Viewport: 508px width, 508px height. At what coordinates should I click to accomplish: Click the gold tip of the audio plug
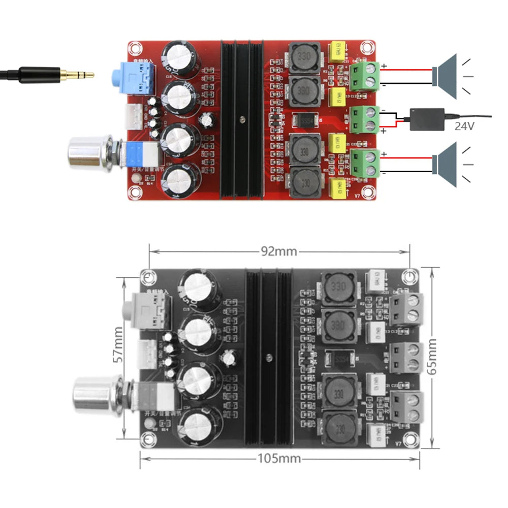(x=81, y=75)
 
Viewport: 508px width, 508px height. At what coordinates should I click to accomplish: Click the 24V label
(x=464, y=125)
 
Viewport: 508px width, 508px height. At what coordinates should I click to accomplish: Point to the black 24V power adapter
(x=427, y=119)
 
